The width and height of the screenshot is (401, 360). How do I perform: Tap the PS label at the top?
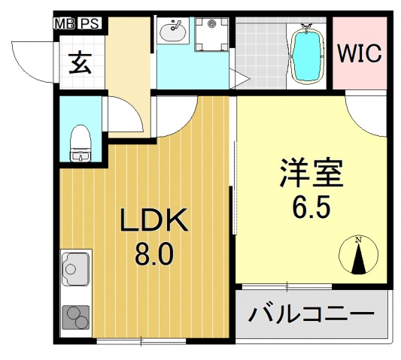[x=89, y=24]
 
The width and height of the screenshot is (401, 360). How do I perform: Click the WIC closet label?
[x=359, y=54]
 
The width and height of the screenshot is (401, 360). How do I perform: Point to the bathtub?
[x=306, y=53]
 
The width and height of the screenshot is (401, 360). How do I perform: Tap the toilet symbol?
[x=79, y=144]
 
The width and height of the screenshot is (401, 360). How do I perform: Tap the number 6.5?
[x=311, y=206]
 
